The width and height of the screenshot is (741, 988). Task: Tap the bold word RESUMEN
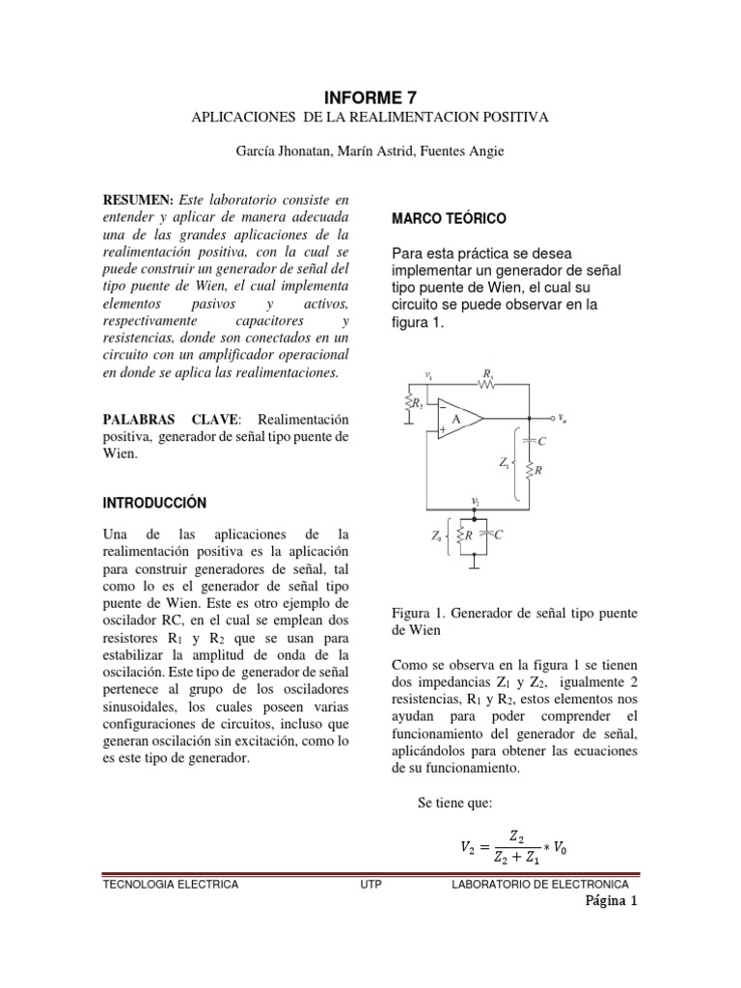(x=137, y=198)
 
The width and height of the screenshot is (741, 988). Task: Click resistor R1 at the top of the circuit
(x=486, y=383)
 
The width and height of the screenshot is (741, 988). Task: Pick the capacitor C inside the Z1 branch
(x=527, y=440)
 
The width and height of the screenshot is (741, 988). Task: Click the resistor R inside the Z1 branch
(x=527, y=471)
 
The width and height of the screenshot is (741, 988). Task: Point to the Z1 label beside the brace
(x=504, y=464)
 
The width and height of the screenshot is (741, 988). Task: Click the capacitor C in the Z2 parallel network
(x=487, y=534)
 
